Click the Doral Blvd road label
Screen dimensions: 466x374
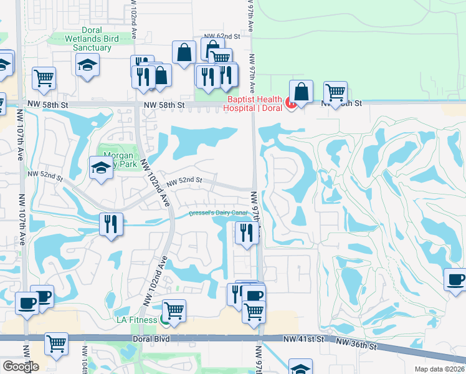[151, 338]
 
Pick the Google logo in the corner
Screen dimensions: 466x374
[20, 367]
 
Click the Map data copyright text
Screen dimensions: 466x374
[442, 369]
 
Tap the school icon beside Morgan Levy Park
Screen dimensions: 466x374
[101, 168]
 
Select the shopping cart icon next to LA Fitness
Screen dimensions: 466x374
[174, 309]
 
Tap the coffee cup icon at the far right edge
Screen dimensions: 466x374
[455, 279]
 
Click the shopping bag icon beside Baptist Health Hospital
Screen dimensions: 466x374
[301, 91]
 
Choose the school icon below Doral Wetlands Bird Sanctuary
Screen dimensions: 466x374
[88, 64]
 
